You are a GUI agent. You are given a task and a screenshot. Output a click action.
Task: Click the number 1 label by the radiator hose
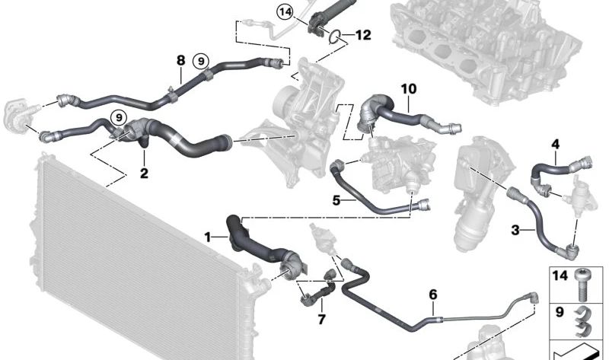click(x=207, y=237)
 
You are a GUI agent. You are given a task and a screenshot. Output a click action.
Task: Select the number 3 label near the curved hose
click(x=515, y=229)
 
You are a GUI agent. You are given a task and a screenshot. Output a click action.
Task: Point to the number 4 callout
click(x=555, y=144)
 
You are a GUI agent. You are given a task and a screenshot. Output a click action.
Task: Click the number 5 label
click(x=336, y=202)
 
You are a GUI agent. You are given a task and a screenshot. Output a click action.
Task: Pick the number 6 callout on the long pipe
click(x=433, y=295)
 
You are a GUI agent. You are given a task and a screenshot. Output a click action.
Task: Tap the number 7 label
click(x=321, y=320)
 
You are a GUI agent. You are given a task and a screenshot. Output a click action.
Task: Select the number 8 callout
click(x=180, y=59)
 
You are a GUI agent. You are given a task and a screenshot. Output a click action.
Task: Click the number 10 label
click(x=409, y=89)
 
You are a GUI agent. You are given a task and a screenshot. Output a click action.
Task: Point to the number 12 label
click(x=362, y=35)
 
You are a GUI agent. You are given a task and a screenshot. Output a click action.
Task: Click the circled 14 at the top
click(x=285, y=11)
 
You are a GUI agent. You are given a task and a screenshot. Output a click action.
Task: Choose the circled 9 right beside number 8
click(x=201, y=60)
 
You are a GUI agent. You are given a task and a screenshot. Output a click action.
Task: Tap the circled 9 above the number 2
click(x=118, y=117)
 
